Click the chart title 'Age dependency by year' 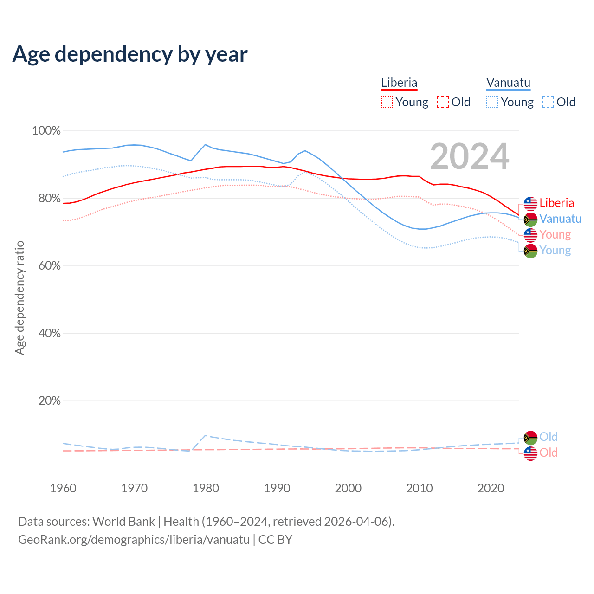tap(130, 54)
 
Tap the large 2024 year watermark tap(470, 156)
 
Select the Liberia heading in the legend tap(399, 83)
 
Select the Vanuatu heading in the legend tap(508, 83)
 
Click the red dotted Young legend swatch tap(387, 102)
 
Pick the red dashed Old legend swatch tap(443, 102)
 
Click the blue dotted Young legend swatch tap(492, 102)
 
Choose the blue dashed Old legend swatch tap(548, 102)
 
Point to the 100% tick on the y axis tap(46, 131)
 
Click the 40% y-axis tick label tap(49, 334)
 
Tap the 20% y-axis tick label tap(49, 401)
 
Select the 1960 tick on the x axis tap(63, 488)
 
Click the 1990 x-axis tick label tap(277, 488)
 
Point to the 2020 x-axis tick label tap(491, 488)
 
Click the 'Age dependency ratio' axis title tap(19, 297)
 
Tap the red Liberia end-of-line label tap(556, 203)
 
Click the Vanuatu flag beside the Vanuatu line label tap(530, 220)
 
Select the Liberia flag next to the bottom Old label tap(530, 453)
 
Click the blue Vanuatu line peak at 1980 tap(206, 145)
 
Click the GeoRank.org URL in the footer tap(134, 540)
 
